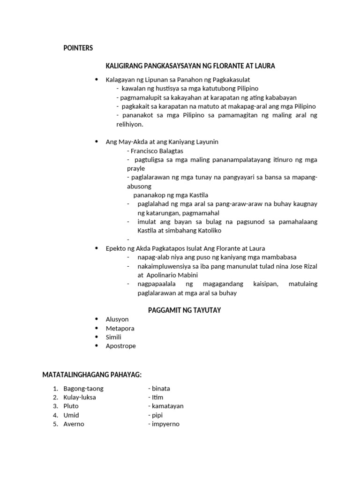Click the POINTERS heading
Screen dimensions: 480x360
coord(78,48)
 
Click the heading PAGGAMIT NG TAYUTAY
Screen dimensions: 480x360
coord(184,310)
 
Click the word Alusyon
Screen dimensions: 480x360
coord(117,319)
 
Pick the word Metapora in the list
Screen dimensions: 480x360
coord(120,328)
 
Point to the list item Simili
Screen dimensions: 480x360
coord(113,337)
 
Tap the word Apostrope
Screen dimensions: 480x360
coord(121,346)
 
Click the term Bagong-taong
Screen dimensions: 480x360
coord(83,389)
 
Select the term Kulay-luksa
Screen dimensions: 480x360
coord(80,397)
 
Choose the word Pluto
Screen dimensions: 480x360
coord(71,406)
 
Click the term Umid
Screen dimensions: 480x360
coord(71,415)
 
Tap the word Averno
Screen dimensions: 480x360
coord(74,424)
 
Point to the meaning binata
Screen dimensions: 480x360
coord(161,389)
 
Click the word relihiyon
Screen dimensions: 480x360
coord(129,125)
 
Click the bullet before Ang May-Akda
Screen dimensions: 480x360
coord(97,141)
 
